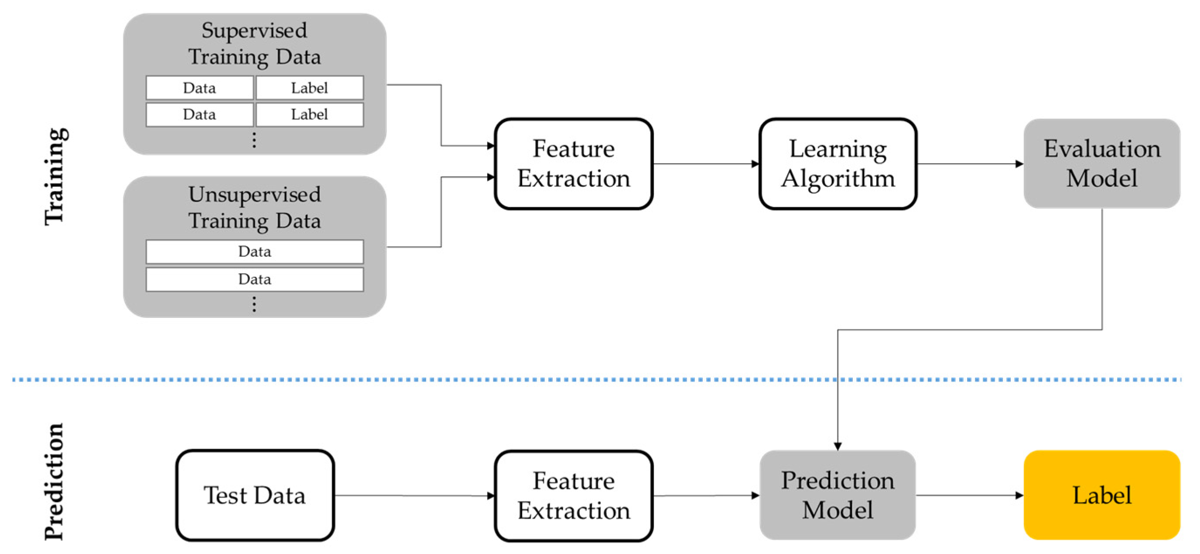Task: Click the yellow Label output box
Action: click(x=1101, y=495)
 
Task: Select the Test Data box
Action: click(x=255, y=495)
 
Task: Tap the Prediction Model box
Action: click(x=837, y=495)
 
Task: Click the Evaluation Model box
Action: click(x=1101, y=163)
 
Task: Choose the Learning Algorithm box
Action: click(x=838, y=163)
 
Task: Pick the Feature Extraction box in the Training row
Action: click(x=574, y=163)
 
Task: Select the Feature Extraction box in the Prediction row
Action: click(x=574, y=495)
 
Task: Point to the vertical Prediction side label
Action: click(x=54, y=481)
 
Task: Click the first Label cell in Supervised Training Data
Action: click(x=309, y=88)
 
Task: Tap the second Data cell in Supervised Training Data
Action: click(x=199, y=114)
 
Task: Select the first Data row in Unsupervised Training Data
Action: click(x=254, y=252)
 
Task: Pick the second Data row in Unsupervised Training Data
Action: click(x=254, y=279)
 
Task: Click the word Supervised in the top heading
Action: click(x=254, y=31)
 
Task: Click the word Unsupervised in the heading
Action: click(x=254, y=194)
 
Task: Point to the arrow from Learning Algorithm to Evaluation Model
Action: click(x=969, y=164)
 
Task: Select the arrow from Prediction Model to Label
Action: click(x=969, y=495)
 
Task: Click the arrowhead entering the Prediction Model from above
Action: click(x=838, y=446)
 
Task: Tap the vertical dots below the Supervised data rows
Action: click(x=254, y=140)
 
